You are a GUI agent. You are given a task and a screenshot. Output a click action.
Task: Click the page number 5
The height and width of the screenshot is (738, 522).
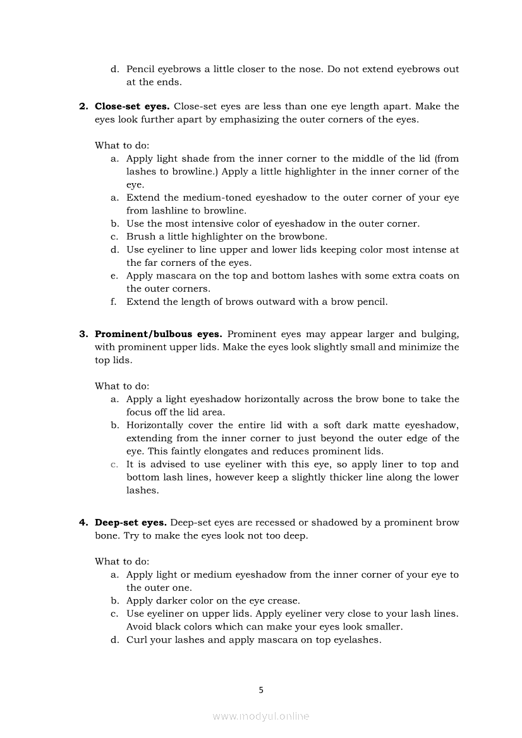261,690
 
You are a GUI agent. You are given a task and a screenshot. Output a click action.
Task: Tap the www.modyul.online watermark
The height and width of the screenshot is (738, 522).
261,716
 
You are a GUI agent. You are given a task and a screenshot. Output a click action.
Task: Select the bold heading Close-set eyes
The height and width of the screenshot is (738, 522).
132,106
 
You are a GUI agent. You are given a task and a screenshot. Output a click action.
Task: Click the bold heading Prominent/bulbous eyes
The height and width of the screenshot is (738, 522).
158,334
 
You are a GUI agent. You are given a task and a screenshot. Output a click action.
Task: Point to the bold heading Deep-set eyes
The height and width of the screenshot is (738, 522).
130,522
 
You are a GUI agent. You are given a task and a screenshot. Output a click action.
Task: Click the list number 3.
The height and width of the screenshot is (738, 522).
83,334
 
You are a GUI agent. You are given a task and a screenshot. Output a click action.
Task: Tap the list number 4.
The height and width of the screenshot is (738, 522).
83,522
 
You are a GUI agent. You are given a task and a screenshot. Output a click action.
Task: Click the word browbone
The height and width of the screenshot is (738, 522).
306,237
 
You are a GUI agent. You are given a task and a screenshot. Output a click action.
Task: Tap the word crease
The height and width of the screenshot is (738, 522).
284,600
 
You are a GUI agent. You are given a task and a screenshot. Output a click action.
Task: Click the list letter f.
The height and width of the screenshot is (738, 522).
114,302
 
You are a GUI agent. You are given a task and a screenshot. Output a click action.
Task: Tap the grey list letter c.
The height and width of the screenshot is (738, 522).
114,464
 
